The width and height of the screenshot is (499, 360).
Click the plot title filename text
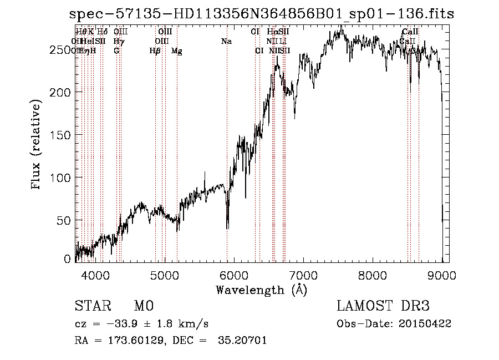click(x=263, y=15)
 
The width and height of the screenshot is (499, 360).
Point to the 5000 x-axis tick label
click(x=164, y=275)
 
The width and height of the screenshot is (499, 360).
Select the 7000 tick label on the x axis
click(x=303, y=275)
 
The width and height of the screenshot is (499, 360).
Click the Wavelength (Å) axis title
click(x=261, y=290)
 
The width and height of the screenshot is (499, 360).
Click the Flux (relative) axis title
click(x=37, y=145)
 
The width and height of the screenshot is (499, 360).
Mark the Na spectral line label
click(x=226, y=41)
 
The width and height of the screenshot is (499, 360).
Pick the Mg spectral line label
click(x=177, y=51)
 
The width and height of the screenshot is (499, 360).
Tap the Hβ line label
click(x=155, y=51)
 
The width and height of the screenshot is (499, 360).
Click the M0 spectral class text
click(x=144, y=306)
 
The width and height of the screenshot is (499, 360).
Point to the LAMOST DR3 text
click(x=383, y=306)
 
